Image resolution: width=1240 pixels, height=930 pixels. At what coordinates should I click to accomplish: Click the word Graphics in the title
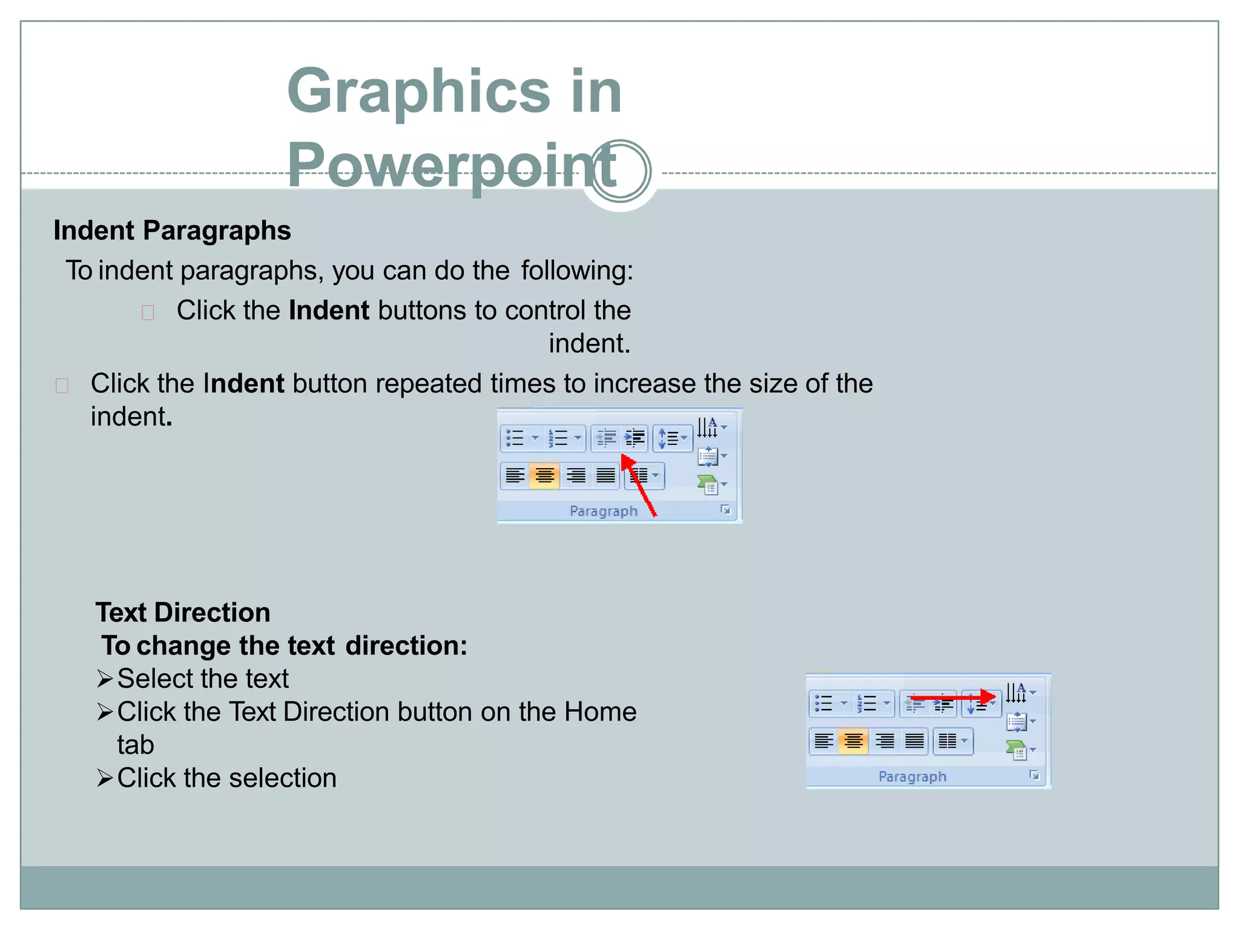pos(418,91)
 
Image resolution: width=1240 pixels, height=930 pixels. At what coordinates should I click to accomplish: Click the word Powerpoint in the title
pos(451,165)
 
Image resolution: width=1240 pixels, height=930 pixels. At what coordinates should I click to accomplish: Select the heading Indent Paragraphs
pos(172,231)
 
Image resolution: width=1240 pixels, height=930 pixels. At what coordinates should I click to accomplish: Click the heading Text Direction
pos(182,613)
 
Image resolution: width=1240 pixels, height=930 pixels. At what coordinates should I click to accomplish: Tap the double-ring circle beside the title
pos(620,171)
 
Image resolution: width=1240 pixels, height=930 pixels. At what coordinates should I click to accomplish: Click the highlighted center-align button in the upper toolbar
pos(544,476)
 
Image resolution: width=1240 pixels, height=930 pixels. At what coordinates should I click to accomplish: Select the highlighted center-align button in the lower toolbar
pos(853,741)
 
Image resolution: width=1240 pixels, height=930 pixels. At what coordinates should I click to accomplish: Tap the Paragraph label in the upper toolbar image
pos(604,512)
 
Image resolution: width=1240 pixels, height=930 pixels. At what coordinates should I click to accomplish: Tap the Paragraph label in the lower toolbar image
pos(912,777)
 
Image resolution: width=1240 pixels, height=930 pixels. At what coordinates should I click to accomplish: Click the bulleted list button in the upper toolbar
pos(515,438)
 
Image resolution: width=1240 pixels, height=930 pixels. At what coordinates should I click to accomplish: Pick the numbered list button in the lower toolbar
pos(866,704)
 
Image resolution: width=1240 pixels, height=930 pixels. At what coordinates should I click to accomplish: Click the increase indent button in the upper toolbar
pos(634,438)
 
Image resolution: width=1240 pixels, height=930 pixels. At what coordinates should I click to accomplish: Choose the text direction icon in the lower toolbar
pos(1016,692)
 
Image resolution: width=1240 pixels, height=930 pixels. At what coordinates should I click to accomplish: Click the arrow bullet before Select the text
pos(105,679)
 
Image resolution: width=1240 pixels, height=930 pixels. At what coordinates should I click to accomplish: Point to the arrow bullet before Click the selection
pos(105,778)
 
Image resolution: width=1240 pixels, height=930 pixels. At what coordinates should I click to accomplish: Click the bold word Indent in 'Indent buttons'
pos(329,311)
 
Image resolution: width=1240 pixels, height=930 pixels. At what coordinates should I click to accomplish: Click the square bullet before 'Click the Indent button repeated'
pos(62,386)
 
